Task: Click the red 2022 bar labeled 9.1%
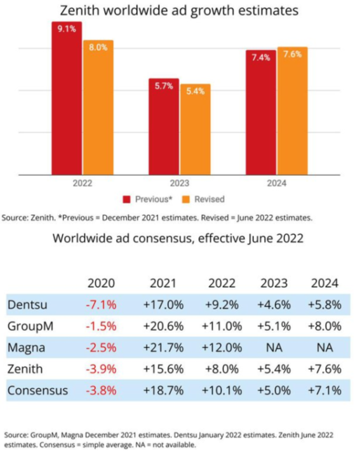pos(67,98)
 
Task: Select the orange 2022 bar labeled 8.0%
pos(98,108)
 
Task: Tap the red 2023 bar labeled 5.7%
pos(164,127)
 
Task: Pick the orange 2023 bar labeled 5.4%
pos(194,130)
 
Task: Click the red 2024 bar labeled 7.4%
pos(261,112)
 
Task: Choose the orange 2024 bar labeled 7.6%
pos(292,111)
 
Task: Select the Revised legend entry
pos(204,199)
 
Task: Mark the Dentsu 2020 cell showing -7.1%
pos(100,304)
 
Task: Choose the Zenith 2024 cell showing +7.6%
pos(328,369)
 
